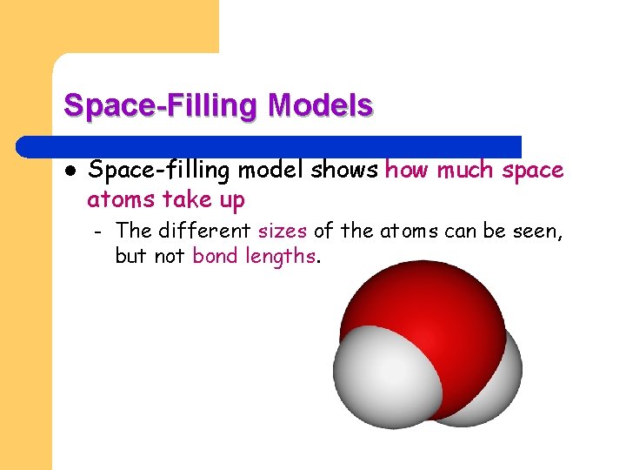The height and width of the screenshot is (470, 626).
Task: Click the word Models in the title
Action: pos(321,105)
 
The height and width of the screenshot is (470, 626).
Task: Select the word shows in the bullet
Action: pos(350,171)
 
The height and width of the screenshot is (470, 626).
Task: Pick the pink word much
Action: pos(466,171)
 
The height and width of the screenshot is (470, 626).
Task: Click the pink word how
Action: pos(407,171)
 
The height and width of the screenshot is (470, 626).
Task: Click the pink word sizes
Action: pos(283,232)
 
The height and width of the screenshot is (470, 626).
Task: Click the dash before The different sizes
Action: pos(98,232)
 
